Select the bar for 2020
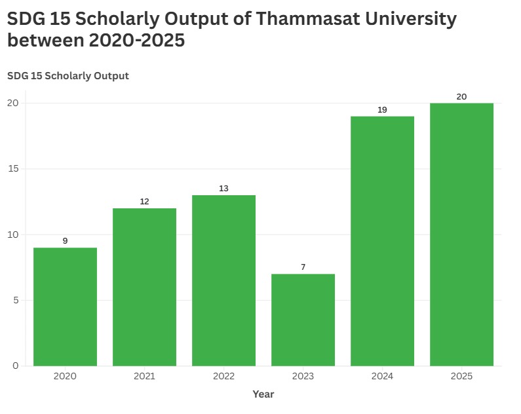coord(65,307)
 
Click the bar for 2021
coord(144,287)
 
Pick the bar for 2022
coord(223,280)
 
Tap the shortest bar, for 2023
coord(303,320)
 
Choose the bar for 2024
coord(382,241)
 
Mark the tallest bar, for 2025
coord(461,235)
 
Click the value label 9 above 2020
coord(65,241)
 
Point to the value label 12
coord(144,202)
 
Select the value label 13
coord(223,189)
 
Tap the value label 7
coord(303,267)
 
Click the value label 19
coord(382,110)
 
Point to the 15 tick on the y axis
coord(13,169)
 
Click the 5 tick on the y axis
coord(16,301)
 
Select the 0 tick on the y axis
coord(16,366)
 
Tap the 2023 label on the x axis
coord(303,377)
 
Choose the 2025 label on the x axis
coord(461,377)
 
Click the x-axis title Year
coord(263,394)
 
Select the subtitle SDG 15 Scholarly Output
coord(68,76)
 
